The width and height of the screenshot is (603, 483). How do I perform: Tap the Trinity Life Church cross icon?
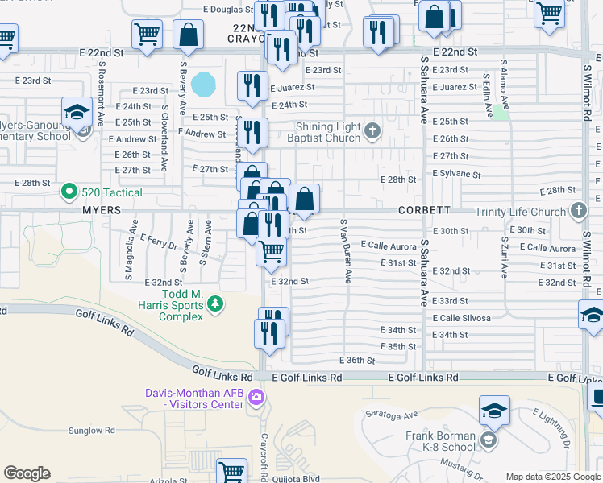(578, 211)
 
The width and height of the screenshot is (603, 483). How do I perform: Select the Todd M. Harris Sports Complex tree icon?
(215, 303)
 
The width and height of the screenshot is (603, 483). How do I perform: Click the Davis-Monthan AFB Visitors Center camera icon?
(256, 396)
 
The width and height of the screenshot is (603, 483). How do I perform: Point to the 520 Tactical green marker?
(69, 192)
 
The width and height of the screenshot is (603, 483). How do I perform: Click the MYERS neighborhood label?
(101, 209)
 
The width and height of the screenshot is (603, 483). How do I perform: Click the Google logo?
(27, 473)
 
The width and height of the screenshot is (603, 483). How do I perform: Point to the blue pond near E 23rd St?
(205, 83)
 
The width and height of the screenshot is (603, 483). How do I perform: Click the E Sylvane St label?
(456, 174)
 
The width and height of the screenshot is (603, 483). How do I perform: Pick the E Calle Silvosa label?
(461, 318)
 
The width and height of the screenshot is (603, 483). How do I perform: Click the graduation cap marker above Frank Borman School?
(494, 411)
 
